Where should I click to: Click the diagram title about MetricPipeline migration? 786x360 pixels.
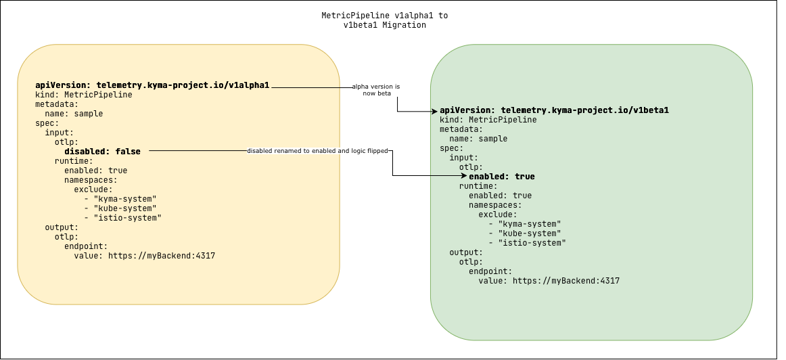[384, 20]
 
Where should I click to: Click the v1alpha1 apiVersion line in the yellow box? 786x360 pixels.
[152, 85]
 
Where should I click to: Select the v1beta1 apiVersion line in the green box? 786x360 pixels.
[554, 110]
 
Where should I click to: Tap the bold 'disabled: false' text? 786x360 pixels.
[103, 151]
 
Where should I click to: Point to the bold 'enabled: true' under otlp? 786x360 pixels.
[501, 177]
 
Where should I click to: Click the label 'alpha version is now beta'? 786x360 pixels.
[375, 90]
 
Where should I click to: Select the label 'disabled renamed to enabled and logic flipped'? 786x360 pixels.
[317, 151]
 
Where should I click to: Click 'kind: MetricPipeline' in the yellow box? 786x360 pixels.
[83, 95]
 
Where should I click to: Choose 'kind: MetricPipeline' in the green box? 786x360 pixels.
[488, 120]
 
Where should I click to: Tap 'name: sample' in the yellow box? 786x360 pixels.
[74, 114]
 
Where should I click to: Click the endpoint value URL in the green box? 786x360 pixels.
[549, 281]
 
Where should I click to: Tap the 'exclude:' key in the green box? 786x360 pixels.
[497, 215]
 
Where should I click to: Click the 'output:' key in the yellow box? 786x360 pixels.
[62, 227]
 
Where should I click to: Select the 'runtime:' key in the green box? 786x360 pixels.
[478, 186]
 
